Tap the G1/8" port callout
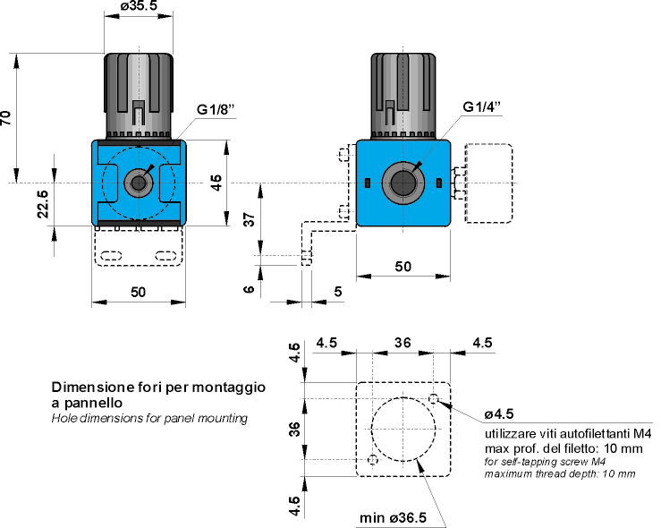(x=216, y=109)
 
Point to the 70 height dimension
(x=7, y=119)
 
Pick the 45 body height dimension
(x=216, y=183)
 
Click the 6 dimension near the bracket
(x=250, y=288)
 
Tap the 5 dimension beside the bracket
(x=336, y=291)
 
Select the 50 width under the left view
(x=139, y=292)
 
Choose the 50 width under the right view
(x=403, y=266)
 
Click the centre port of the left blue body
(x=139, y=183)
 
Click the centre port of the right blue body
(x=403, y=183)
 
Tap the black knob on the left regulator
(x=139, y=85)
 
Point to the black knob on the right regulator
(x=403, y=85)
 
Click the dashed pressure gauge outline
(x=487, y=183)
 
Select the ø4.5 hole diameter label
(x=498, y=413)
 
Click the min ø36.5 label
(x=393, y=518)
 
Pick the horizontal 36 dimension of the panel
(x=403, y=342)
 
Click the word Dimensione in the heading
(x=89, y=388)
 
